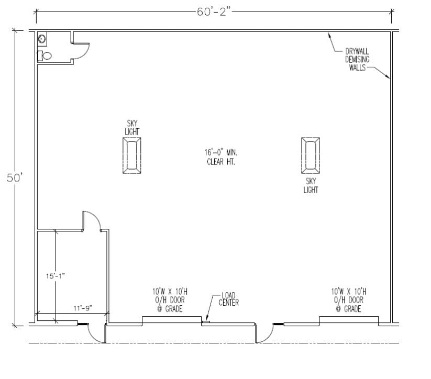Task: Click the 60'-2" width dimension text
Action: pos(214,12)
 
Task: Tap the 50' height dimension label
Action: pos(14,177)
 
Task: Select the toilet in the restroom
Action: pos(46,55)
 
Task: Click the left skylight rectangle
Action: pos(132,155)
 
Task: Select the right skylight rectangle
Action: pos(311,155)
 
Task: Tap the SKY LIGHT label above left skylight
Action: pos(132,128)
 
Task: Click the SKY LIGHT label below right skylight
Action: pos(311,185)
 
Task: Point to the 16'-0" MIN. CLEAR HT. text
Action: pos(220,157)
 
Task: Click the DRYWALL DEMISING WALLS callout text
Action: pos(357,60)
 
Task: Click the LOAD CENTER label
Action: pos(229,299)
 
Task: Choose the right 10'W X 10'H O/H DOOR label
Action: pos(349,300)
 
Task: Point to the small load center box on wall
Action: pos(206,322)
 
